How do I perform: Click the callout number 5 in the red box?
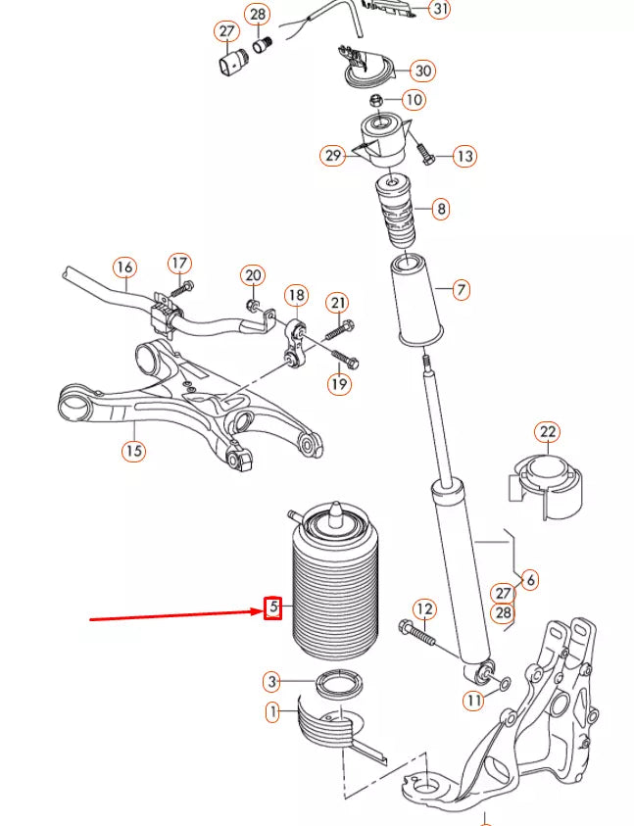[x=275, y=608]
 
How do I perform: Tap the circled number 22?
[x=547, y=432]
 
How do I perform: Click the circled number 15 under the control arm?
[x=133, y=451]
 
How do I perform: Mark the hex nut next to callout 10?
[x=376, y=101]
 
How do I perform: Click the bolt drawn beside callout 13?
[x=427, y=155]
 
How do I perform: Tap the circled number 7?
[x=461, y=289]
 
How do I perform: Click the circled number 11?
[x=474, y=701]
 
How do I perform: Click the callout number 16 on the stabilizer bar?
[x=123, y=267]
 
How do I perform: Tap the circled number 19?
[x=339, y=384]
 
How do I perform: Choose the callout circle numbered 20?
[x=253, y=275]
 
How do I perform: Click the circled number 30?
[x=423, y=71]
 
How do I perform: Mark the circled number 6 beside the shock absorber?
[x=530, y=580]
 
